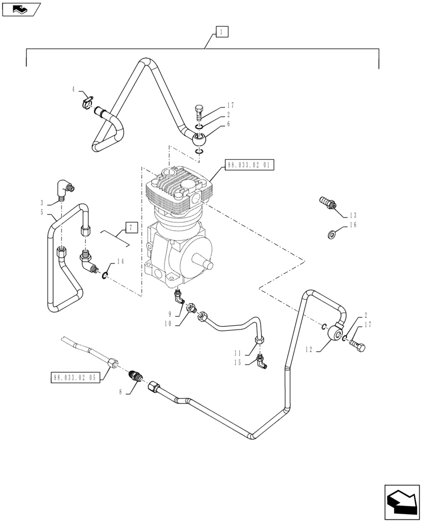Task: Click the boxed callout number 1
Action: point(221,32)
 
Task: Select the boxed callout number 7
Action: point(131,227)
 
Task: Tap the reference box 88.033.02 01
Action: point(250,165)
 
